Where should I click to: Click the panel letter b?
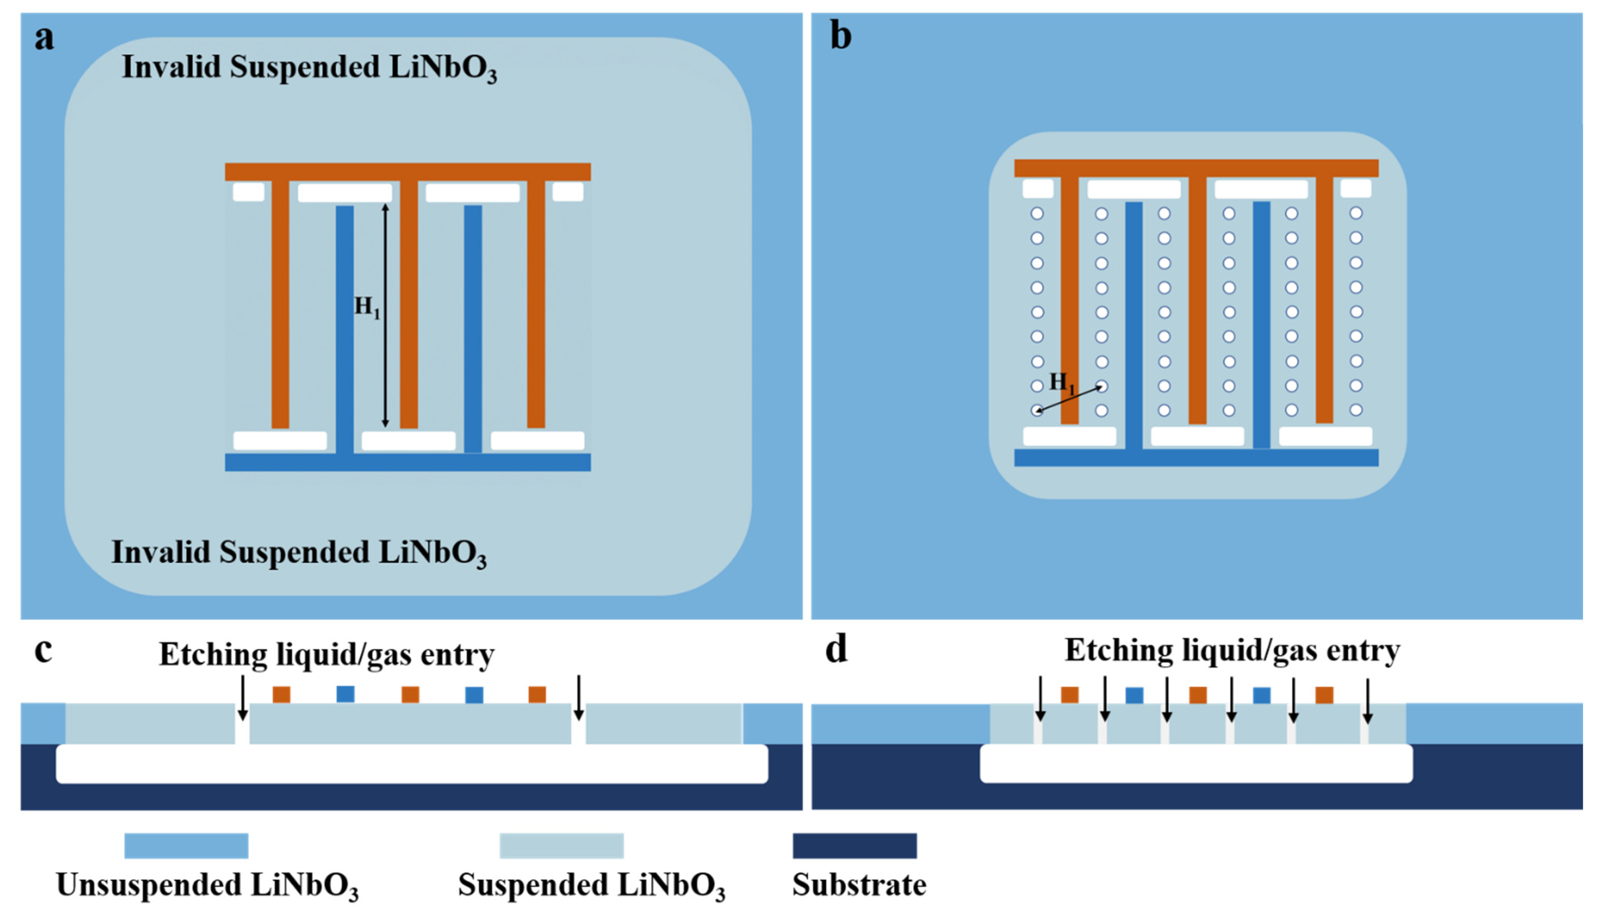841,36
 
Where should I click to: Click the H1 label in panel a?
367,307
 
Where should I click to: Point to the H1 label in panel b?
1062,382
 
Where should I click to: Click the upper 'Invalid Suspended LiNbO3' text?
309,68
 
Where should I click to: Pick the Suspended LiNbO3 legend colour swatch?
562,846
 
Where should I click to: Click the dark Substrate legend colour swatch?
854,846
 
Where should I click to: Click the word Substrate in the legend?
859,885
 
